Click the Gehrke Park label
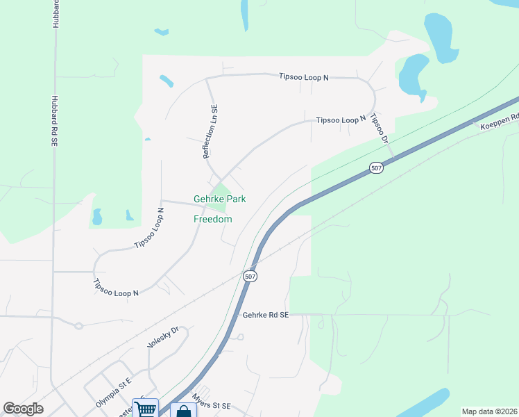click(x=219, y=199)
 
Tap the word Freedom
click(x=212, y=219)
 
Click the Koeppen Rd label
click(x=500, y=122)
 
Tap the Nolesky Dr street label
click(x=163, y=337)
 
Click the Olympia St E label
click(x=114, y=393)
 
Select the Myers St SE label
click(x=211, y=402)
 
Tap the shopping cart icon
click(x=146, y=408)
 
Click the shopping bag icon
click(x=183, y=411)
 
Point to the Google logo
click(x=23, y=409)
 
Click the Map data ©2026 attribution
click(x=488, y=411)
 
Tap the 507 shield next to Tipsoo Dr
click(x=376, y=169)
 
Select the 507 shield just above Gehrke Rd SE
click(x=250, y=276)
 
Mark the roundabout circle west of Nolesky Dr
click(x=78, y=325)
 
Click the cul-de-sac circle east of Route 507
click(x=239, y=337)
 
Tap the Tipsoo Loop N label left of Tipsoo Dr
click(x=341, y=120)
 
